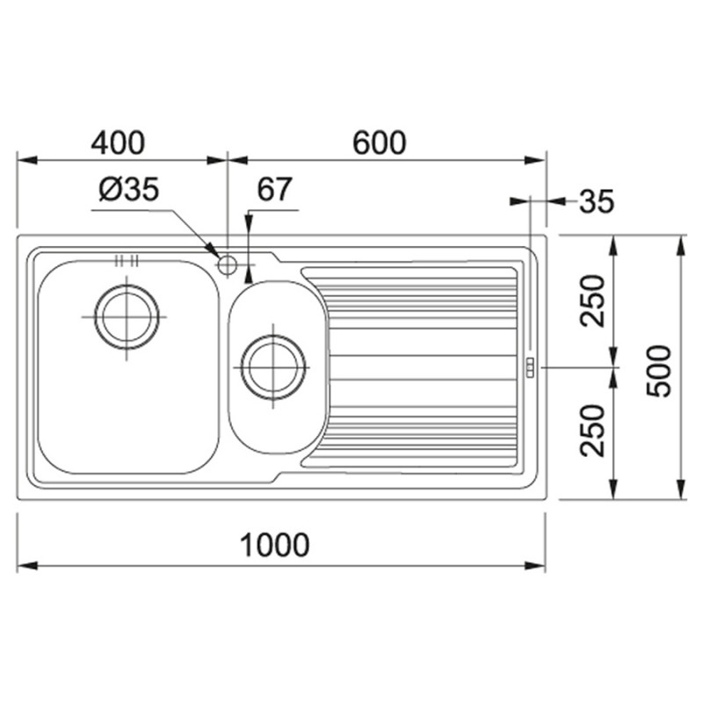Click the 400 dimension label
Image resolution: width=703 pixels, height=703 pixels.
118,142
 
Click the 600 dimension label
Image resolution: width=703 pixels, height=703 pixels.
380,142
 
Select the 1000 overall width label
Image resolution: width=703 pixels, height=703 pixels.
274,545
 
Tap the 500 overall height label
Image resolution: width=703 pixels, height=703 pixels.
658,370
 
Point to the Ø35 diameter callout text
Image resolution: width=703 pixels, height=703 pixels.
129,190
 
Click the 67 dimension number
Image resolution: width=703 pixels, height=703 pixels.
274,189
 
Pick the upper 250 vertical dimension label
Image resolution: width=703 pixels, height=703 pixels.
591,301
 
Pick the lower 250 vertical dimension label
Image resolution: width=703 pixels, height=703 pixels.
591,431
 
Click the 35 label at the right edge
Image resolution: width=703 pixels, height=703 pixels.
597,201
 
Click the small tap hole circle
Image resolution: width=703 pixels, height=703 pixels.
228,265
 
